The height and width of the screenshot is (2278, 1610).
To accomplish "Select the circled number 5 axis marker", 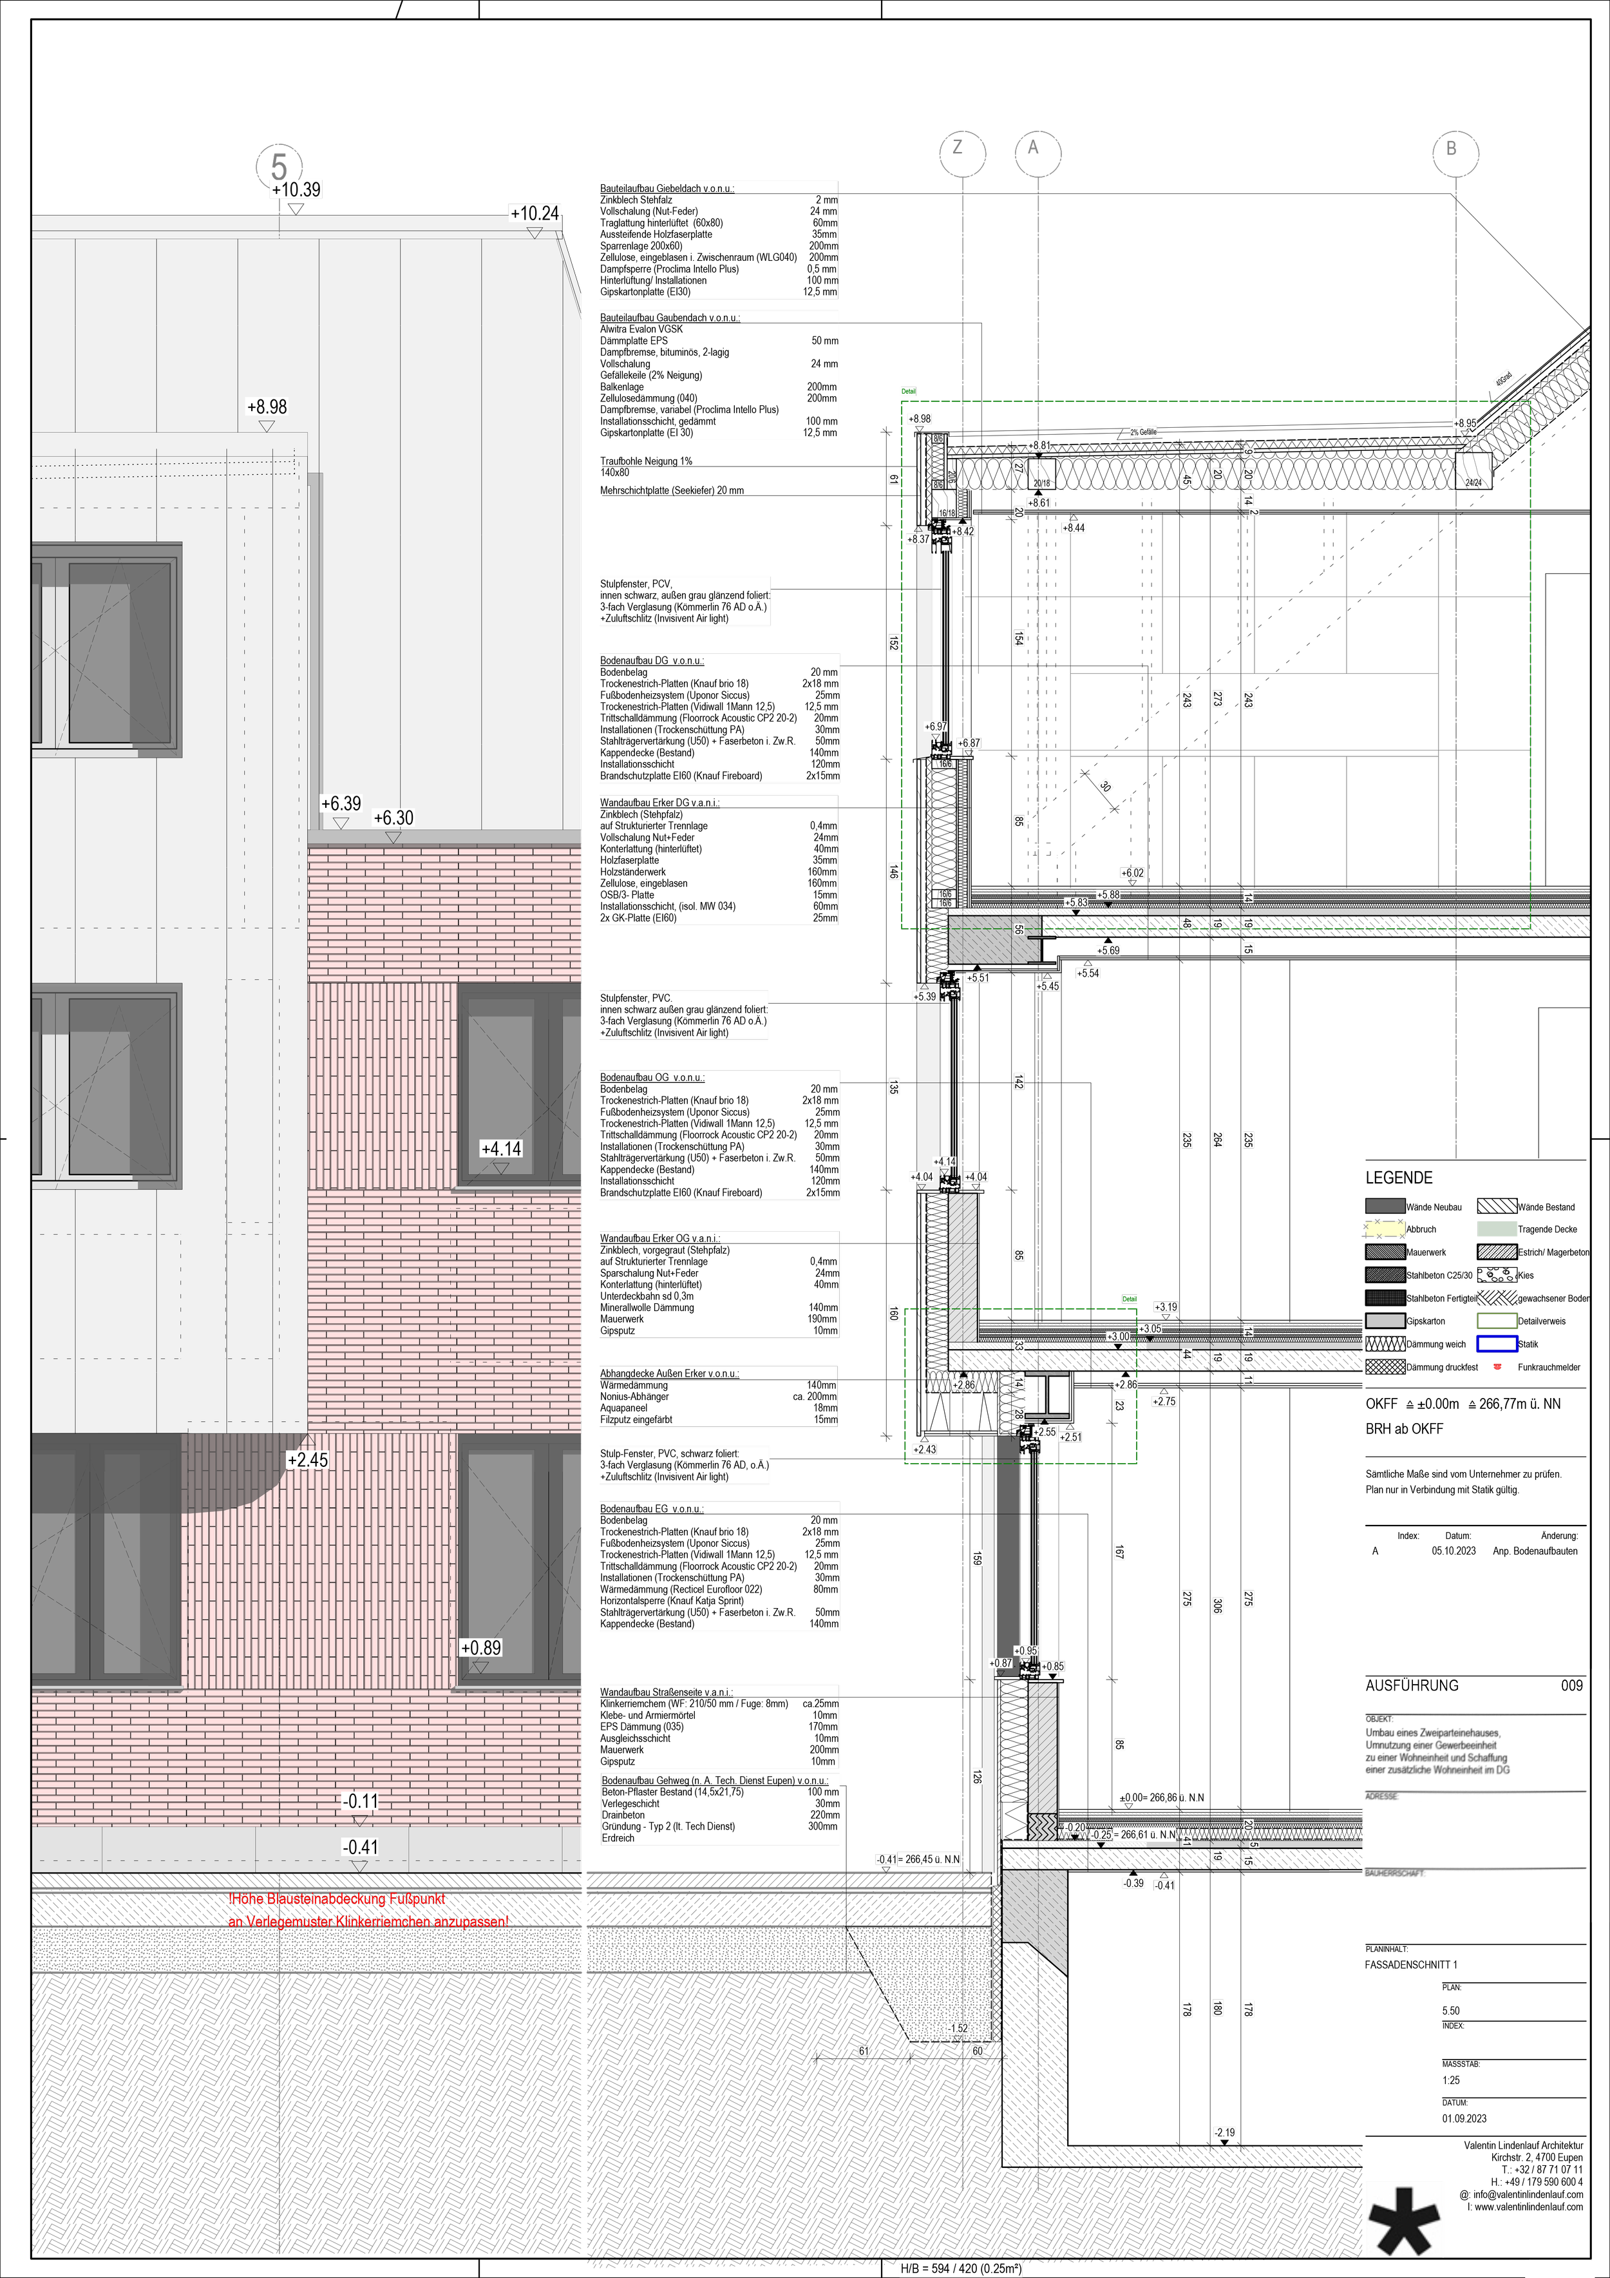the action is [279, 165].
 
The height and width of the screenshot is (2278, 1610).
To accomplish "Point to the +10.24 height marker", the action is [535, 213].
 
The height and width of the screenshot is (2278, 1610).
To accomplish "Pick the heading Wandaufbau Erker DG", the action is [659, 803].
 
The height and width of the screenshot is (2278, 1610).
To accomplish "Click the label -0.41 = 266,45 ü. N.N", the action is [918, 1859].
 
